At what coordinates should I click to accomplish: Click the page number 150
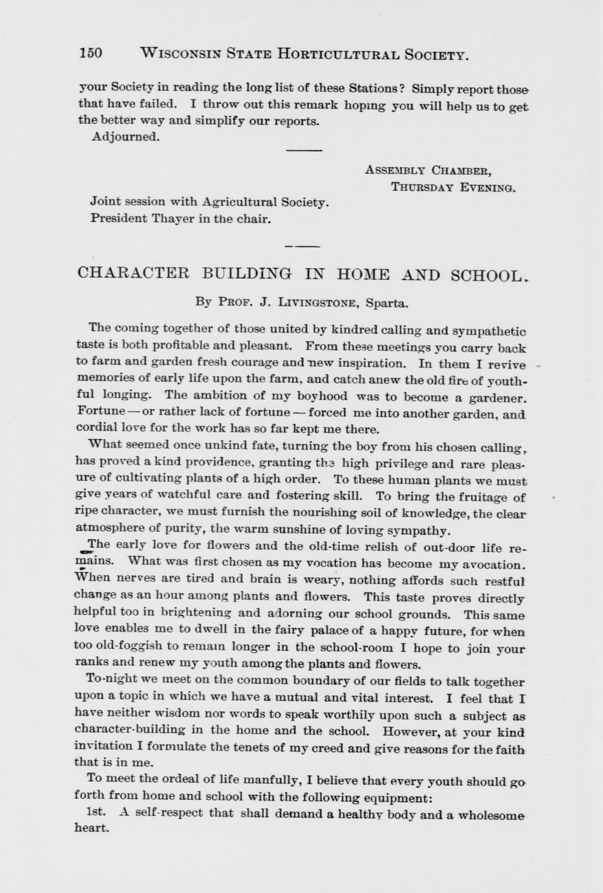(x=90, y=53)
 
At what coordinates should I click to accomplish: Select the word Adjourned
(x=125, y=137)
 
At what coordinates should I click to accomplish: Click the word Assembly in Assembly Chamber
(x=394, y=171)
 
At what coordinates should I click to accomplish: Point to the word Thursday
(x=422, y=188)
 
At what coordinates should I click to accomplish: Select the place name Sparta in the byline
(x=386, y=303)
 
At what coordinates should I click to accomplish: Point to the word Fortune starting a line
(x=100, y=412)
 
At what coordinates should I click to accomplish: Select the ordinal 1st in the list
(x=96, y=812)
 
